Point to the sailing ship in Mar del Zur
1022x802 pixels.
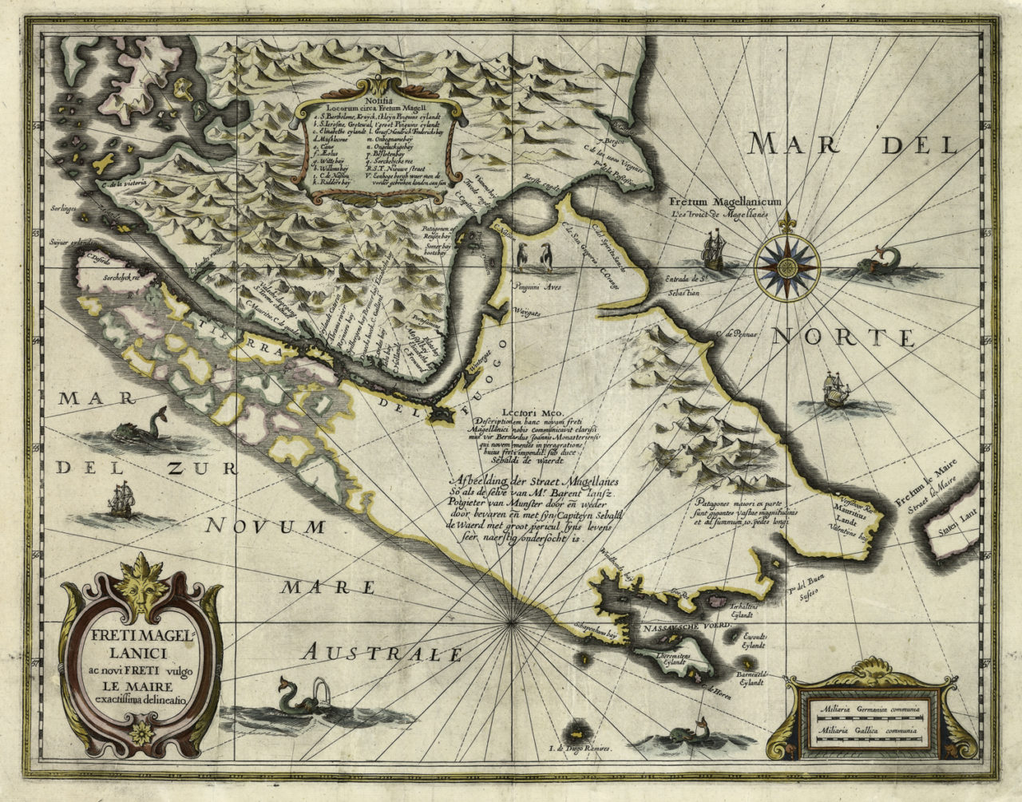click(121, 500)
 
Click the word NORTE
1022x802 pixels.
click(845, 338)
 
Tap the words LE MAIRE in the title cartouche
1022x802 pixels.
click(139, 683)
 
